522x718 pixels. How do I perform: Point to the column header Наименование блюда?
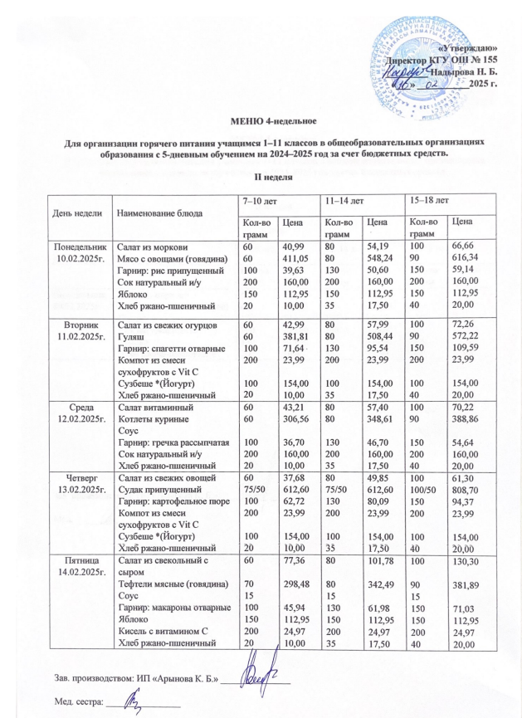(158, 213)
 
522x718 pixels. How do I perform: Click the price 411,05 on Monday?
(295, 259)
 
